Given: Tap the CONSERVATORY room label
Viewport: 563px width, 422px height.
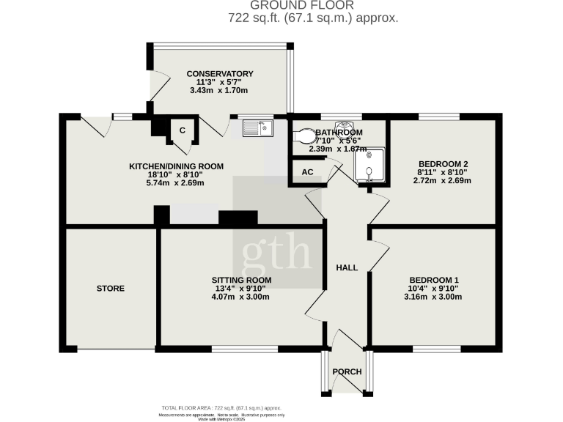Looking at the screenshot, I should (220, 74).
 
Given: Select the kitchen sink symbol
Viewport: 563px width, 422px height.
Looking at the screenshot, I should (257, 129).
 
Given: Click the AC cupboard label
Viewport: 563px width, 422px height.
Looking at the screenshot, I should (307, 172).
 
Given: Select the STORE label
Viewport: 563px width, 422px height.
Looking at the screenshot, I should (111, 289).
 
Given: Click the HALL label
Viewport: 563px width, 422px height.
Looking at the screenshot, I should (347, 268).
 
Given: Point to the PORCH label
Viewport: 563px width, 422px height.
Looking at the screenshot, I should (347, 372).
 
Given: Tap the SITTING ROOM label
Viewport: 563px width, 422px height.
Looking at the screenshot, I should (242, 281).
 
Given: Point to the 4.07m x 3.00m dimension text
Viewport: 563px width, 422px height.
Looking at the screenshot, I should (242, 297).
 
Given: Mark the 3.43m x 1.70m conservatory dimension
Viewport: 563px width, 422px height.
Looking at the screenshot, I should (220, 91).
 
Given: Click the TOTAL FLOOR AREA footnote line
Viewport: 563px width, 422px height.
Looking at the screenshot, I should (221, 407).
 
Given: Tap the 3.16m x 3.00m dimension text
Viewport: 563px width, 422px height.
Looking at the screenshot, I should (434, 297).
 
